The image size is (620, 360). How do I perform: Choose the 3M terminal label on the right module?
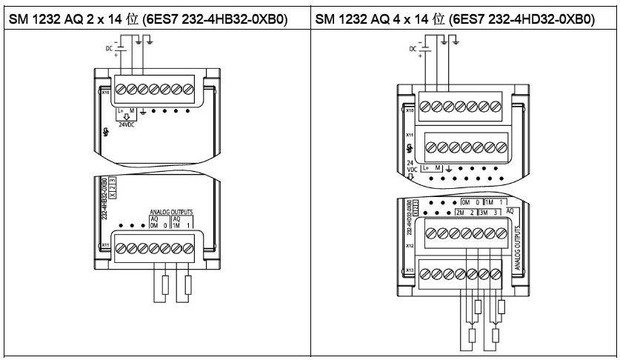coord(488,213)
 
